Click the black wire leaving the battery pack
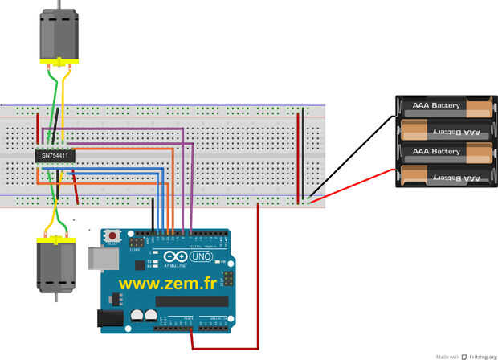tap(353, 157)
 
